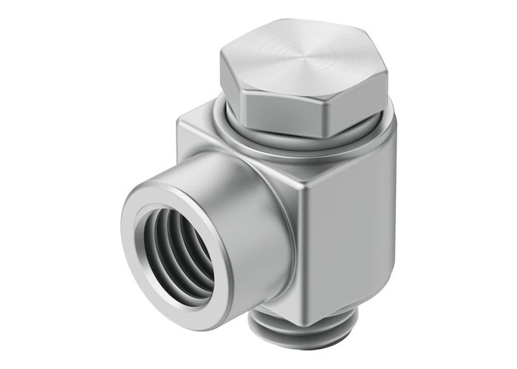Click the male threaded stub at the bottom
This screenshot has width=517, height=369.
284,347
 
